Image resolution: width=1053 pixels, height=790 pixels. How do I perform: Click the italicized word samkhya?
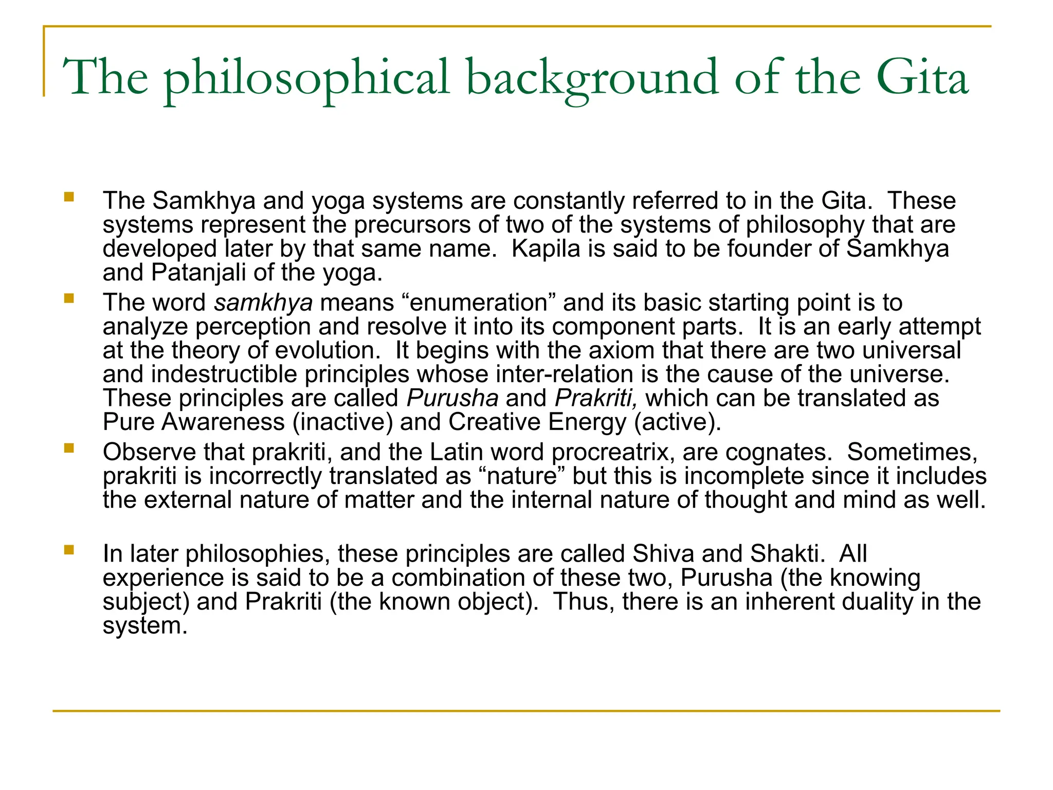coord(263,303)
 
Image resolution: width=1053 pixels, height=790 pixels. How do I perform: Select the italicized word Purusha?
coord(452,399)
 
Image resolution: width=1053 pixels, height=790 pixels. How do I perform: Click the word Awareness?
coord(223,422)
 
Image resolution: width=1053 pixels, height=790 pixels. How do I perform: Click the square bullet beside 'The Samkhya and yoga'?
coord(69,196)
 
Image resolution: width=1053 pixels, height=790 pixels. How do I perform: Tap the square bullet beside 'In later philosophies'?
coord(69,550)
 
